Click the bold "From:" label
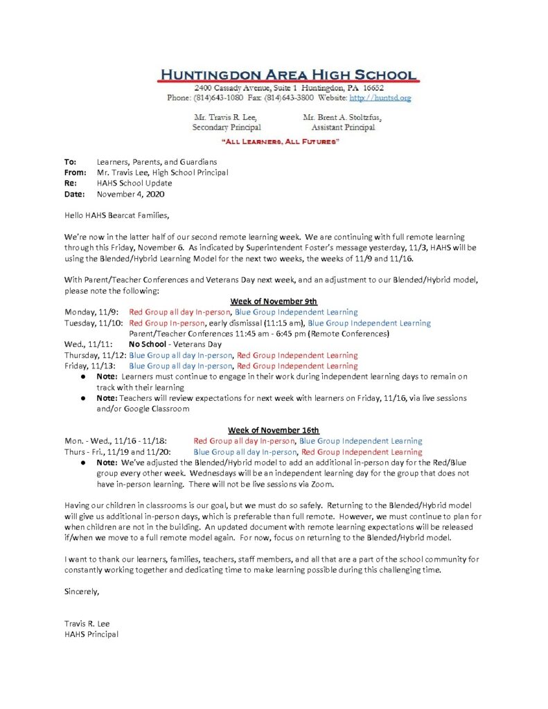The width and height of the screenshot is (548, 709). tap(76, 172)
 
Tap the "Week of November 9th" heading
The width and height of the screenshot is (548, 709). tap(273, 301)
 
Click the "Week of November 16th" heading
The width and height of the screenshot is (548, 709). tap(273, 430)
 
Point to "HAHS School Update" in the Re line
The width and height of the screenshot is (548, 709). tap(134, 183)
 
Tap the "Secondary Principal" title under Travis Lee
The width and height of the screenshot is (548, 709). tap(226, 127)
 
